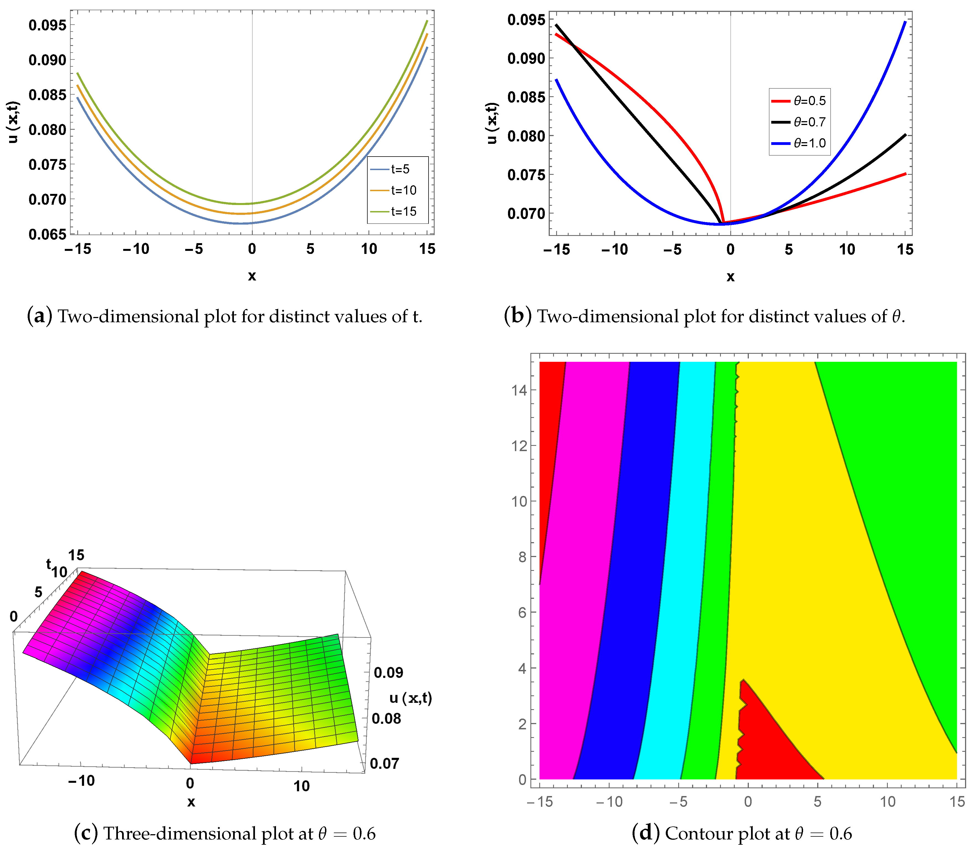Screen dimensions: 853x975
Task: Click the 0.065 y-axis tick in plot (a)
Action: click(47, 234)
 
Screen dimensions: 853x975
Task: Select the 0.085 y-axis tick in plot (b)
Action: click(526, 97)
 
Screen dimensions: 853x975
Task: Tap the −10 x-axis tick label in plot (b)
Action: click(615, 249)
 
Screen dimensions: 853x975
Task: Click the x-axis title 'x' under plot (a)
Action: click(252, 275)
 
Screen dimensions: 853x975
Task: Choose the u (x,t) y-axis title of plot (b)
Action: click(492, 123)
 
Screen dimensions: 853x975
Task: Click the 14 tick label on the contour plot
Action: click(519, 390)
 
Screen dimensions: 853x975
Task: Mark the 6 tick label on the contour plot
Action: click(522, 613)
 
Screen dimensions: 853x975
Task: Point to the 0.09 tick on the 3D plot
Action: click(388, 673)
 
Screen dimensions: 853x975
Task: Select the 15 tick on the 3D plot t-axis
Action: click(76, 555)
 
